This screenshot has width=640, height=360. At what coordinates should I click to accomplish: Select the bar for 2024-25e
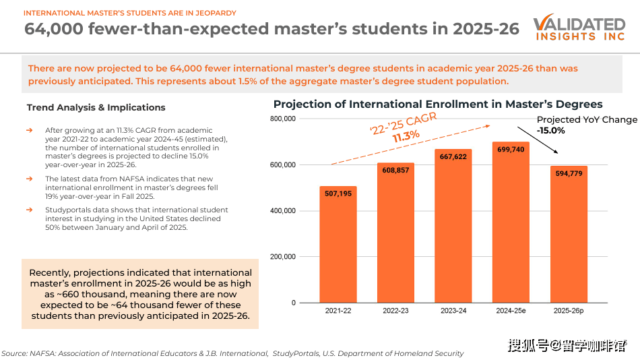(x=511, y=222)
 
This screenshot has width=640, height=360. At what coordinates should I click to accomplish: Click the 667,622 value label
(x=453, y=156)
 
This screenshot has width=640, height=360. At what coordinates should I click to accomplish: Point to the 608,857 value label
(x=395, y=169)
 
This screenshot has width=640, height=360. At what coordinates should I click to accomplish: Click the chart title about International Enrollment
(x=438, y=104)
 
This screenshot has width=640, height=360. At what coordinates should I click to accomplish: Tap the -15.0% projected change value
(x=551, y=130)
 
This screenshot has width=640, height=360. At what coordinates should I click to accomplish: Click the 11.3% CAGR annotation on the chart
(x=406, y=136)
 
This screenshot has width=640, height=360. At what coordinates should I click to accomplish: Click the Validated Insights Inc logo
(x=579, y=28)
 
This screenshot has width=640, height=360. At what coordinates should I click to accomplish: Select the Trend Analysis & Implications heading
(x=96, y=107)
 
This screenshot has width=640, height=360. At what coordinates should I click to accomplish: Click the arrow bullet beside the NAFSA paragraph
(x=29, y=178)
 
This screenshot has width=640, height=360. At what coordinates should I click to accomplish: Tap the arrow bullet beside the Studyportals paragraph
(x=29, y=210)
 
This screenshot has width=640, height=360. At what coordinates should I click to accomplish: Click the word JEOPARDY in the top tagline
(x=213, y=13)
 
